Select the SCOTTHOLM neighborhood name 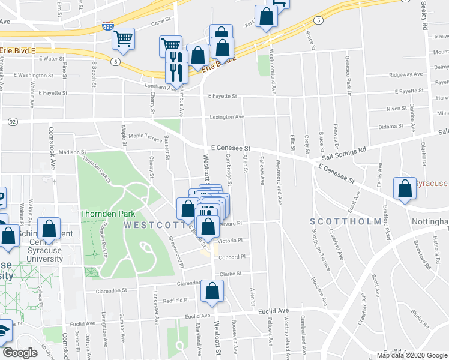click(345, 221)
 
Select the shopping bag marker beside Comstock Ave click(49, 229)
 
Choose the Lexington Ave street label click(227, 116)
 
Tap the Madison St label click(73, 152)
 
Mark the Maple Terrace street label click(142, 137)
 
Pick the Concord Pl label click(232, 257)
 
